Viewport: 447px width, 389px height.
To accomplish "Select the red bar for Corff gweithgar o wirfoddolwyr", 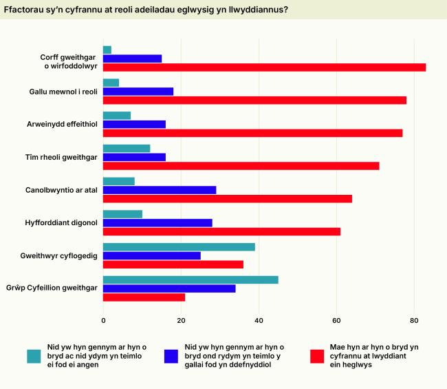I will tap(264, 67).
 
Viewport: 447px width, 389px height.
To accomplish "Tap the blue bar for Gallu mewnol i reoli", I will tap(138, 92).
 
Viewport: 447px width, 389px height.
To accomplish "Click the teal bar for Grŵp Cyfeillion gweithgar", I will tap(190, 280).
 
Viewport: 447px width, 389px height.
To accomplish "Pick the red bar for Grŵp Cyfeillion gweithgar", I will tap(144, 297).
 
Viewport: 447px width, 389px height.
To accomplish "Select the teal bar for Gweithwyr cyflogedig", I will tap(179, 246).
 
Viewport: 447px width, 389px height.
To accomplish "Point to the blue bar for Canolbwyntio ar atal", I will tap(160, 190).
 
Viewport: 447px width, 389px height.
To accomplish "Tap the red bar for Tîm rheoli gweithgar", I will tap(241, 166).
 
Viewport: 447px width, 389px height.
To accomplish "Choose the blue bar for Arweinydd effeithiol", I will tap(134, 125).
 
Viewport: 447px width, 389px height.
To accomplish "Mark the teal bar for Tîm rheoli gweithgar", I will tap(127, 148).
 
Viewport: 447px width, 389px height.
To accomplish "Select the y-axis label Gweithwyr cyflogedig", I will tap(59, 255).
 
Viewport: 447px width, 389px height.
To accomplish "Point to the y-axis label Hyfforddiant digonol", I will tap(63, 223).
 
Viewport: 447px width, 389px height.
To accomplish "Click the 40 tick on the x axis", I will tap(259, 320).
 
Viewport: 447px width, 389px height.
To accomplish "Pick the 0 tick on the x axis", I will tap(103, 320).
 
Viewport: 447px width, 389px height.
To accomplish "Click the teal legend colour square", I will tap(34, 356).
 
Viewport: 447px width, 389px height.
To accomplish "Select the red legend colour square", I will tap(317, 356).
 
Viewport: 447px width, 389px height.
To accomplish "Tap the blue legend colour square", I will tap(171, 356).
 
